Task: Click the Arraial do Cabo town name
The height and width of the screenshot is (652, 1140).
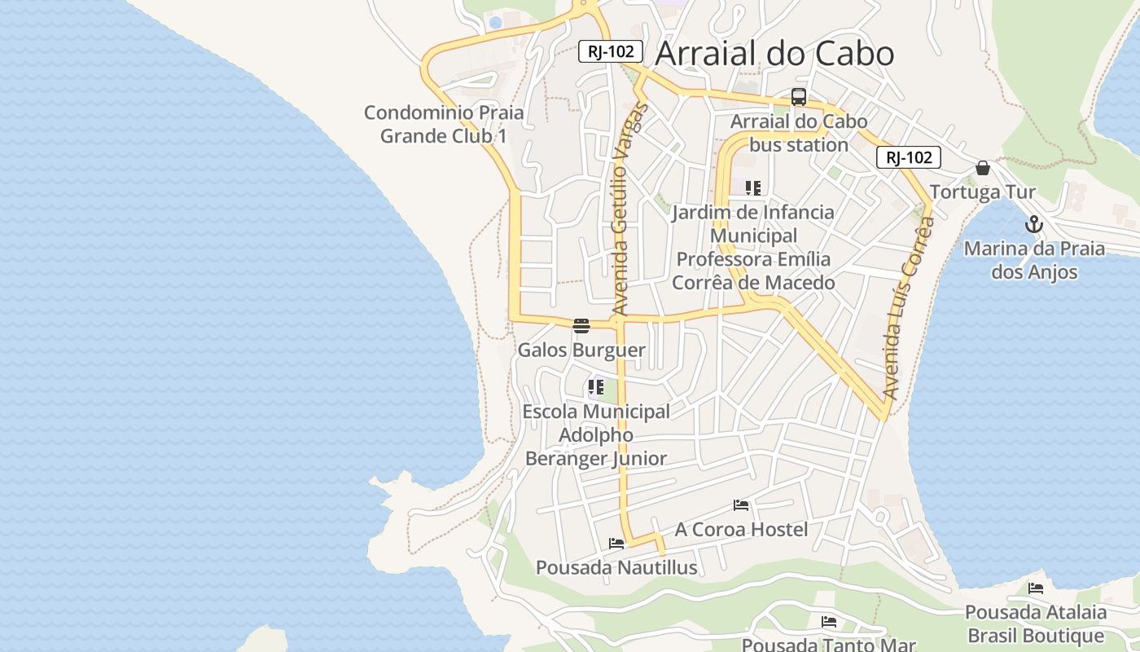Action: pos(774,54)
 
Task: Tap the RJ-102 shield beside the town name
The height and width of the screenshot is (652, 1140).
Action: pos(611,51)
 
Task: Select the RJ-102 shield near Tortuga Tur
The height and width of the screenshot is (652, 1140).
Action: pos(909,157)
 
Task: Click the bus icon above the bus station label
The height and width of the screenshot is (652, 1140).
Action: pos(798,97)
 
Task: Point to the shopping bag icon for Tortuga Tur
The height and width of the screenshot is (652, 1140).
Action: pos(983,169)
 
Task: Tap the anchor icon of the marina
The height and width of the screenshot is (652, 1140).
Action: pos(1034,224)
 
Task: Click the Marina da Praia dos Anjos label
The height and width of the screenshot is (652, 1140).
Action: pos(1034,260)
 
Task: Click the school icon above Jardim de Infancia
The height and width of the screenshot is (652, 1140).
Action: pos(753,188)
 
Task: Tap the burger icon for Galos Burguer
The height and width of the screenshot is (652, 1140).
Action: pos(581,326)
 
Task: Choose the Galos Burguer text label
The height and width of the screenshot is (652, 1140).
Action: pos(581,350)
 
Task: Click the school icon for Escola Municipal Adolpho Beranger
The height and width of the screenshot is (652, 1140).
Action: pos(596,387)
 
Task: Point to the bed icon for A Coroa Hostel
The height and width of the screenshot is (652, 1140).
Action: pos(741,505)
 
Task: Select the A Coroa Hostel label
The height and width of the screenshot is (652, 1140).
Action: pos(741,530)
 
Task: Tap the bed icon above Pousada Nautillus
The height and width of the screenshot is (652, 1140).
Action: pos(616,543)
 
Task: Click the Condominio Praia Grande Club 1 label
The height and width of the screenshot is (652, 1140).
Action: pos(444,124)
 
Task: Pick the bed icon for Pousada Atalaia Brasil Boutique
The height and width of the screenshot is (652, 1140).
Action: pos(1036,588)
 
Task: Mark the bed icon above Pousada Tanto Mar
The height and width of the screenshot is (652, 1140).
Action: pos(829,622)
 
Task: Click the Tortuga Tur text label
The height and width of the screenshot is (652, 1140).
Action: pos(983,192)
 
